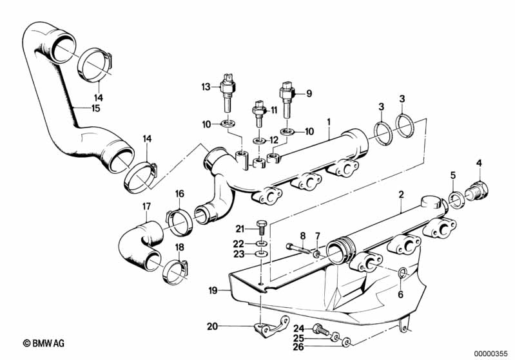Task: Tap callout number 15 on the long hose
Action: point(95,109)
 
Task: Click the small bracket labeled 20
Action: point(266,328)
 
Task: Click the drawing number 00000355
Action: point(490,353)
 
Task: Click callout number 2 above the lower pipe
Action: point(401,194)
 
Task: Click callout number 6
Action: point(400,294)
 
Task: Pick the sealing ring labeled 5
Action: point(455,199)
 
